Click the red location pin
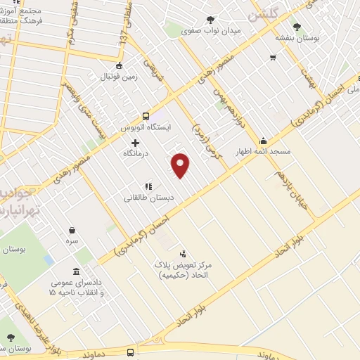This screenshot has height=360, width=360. coord(181,165)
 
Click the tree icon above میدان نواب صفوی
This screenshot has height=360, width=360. coord(210,20)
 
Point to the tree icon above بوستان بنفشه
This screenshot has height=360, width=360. coord(297,27)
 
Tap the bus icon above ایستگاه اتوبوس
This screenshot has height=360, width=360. coord(146,116)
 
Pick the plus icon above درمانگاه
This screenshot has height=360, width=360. coord(135,142)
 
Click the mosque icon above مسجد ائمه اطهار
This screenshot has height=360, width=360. coord(263,141)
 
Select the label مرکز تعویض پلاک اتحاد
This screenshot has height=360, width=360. coord(184,268)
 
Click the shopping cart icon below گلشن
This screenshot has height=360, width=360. coord(273,57)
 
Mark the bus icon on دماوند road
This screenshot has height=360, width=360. coord(131,352)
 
